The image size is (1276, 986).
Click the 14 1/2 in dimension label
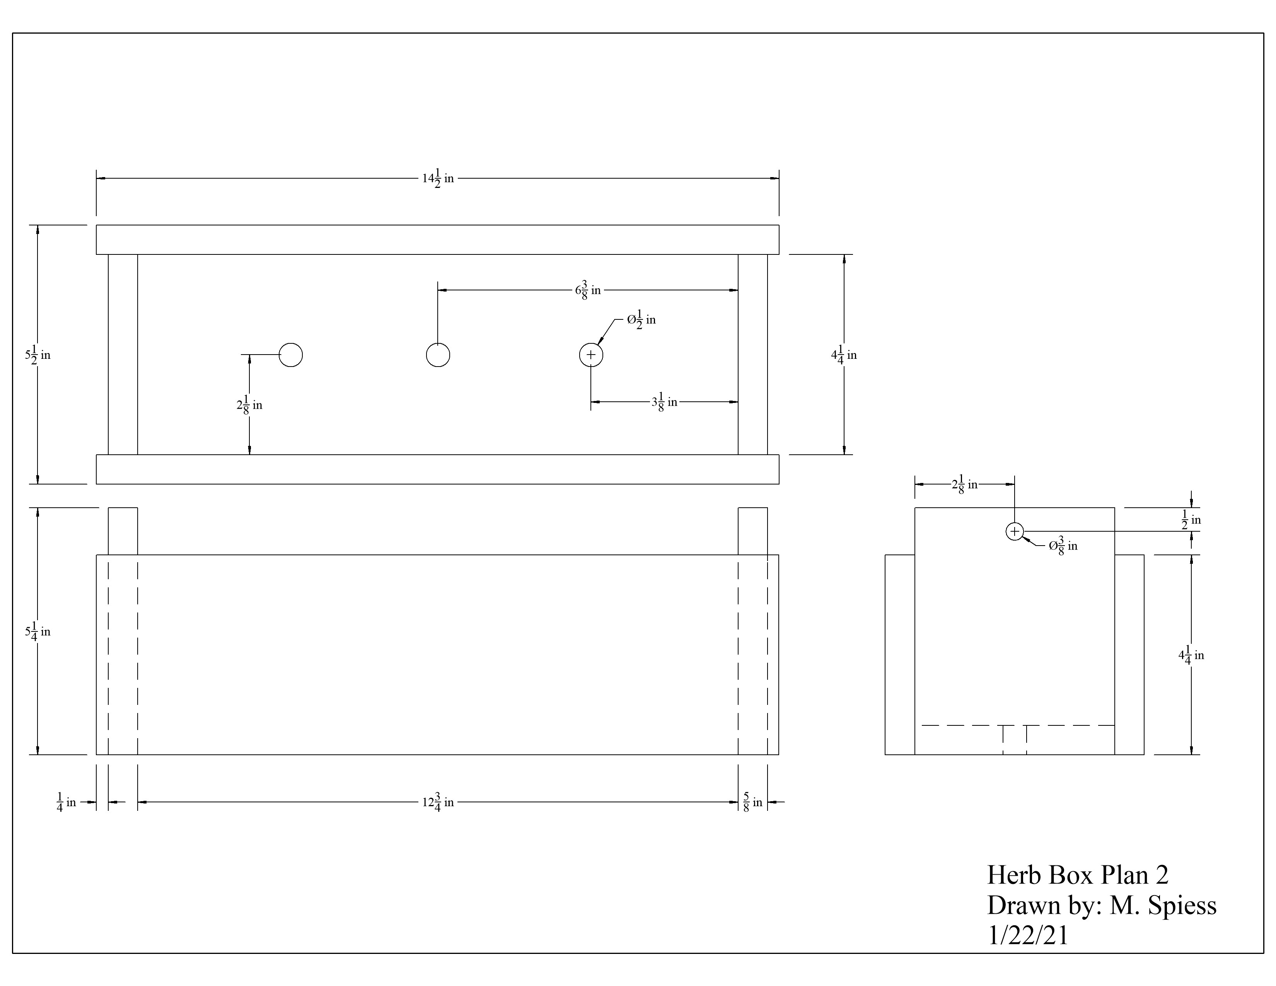click(x=438, y=178)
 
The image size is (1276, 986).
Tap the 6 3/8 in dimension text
click(x=588, y=290)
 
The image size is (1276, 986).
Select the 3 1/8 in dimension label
click(x=664, y=402)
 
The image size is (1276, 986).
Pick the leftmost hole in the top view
click(x=291, y=355)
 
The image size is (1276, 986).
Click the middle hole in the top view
click(x=438, y=355)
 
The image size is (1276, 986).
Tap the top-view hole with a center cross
click(x=591, y=355)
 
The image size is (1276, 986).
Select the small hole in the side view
click(x=1015, y=531)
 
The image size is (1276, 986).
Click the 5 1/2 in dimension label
click(x=38, y=355)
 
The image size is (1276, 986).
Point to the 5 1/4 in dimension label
click(x=38, y=631)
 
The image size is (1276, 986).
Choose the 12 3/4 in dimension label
click(x=438, y=802)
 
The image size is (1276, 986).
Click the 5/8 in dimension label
click(x=752, y=802)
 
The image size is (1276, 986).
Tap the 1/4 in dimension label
click(x=67, y=802)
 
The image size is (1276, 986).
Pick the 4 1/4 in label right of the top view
click(x=844, y=355)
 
